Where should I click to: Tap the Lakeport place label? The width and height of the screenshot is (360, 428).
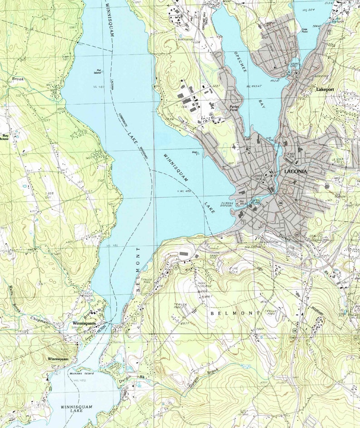[325, 90]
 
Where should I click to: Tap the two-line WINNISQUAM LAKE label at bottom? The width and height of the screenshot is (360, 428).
[76, 410]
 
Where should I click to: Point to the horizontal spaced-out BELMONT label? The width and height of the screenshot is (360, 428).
[235, 313]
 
